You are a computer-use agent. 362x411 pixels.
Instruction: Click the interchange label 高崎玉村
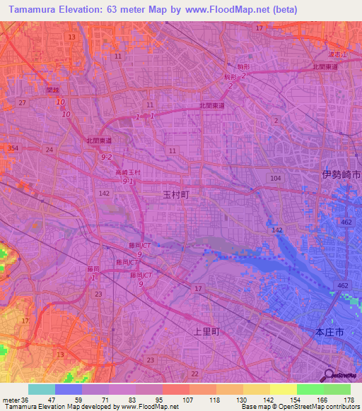point(129,172)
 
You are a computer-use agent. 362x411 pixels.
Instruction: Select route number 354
point(12,148)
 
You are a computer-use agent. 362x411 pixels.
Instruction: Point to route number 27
point(23,103)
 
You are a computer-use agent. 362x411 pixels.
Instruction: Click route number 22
point(194,372)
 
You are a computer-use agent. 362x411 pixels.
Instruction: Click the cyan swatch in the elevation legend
point(42,389)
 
